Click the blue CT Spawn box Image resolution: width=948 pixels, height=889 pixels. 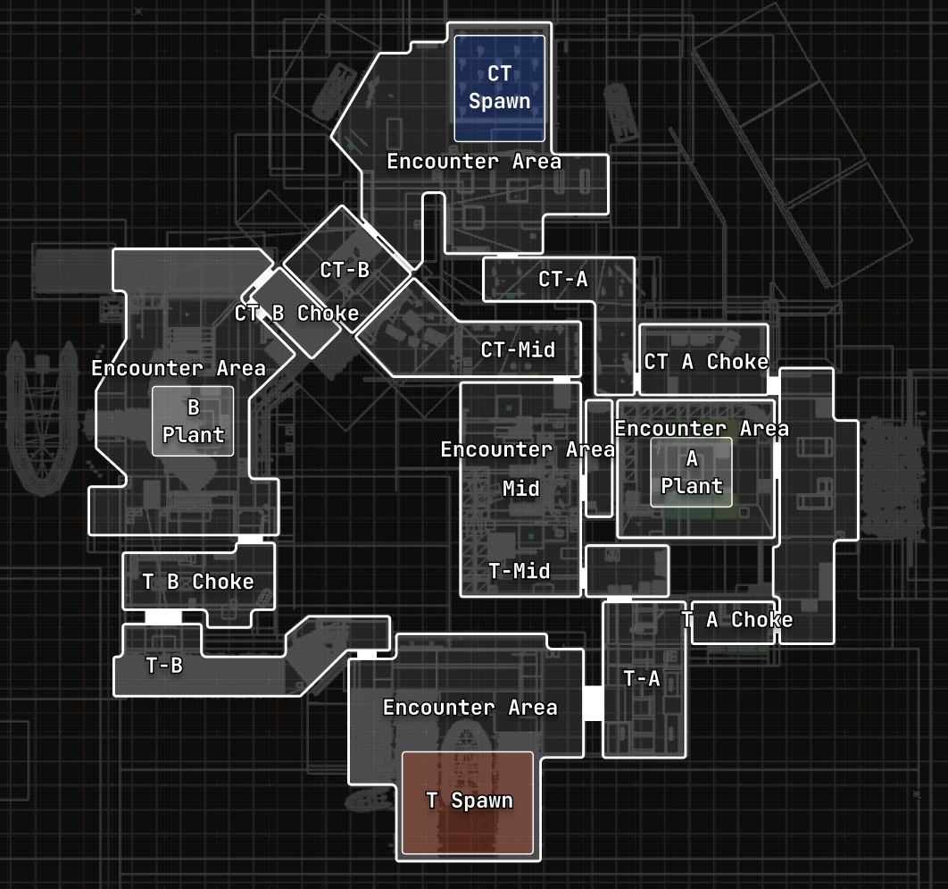click(x=499, y=88)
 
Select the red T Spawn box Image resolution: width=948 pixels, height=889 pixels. click(x=468, y=801)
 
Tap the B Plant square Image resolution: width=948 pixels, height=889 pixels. click(x=193, y=421)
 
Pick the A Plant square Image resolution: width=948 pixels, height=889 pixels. click(x=691, y=472)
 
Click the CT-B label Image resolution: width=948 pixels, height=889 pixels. click(x=345, y=270)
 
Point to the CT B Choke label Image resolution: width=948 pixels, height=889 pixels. click(x=296, y=314)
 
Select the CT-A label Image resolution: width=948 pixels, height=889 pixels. click(x=563, y=280)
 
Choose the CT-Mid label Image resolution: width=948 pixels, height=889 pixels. click(x=518, y=349)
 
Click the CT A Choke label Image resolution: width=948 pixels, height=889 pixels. click(x=706, y=362)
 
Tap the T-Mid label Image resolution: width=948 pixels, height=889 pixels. click(x=520, y=571)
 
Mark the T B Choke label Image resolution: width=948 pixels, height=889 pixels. click(x=198, y=582)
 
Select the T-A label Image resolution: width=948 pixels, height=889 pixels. click(x=642, y=678)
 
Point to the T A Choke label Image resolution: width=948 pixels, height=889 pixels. click(x=737, y=620)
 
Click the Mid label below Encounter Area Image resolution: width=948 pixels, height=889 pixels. click(x=521, y=489)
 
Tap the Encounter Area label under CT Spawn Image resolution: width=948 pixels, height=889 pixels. click(x=473, y=162)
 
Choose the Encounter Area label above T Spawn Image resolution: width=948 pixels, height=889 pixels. click(x=470, y=708)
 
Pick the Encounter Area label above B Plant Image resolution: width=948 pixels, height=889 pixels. click(x=179, y=368)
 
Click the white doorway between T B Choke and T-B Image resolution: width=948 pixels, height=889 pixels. click(x=163, y=616)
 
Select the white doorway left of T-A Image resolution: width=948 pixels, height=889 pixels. click(x=593, y=702)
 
